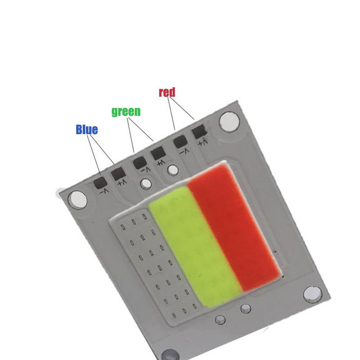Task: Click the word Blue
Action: click(x=87, y=130)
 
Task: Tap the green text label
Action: click(x=126, y=111)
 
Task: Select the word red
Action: click(x=166, y=92)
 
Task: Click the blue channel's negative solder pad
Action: click(x=99, y=182)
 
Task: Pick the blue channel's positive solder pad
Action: click(x=118, y=173)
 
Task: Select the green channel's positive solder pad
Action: click(x=158, y=154)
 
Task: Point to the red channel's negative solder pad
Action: click(x=180, y=142)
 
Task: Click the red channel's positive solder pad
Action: click(x=199, y=133)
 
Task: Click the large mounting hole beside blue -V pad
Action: click(x=78, y=198)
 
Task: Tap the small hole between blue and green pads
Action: click(x=145, y=184)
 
